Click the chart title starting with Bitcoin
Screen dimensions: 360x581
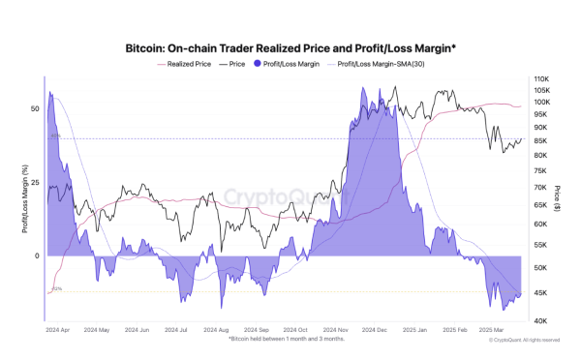[x=290, y=45]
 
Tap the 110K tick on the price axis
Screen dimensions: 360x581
[x=541, y=78]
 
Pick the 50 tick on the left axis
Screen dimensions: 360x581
[x=35, y=109]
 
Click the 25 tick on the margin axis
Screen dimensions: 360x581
[x=35, y=183]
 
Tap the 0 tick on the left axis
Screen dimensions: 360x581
[x=37, y=256]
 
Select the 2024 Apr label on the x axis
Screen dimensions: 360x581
[x=57, y=330]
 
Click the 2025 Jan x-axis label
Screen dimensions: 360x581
[x=416, y=330]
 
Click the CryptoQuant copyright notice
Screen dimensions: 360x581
[x=524, y=340]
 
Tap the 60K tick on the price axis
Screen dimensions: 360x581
[x=540, y=224]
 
